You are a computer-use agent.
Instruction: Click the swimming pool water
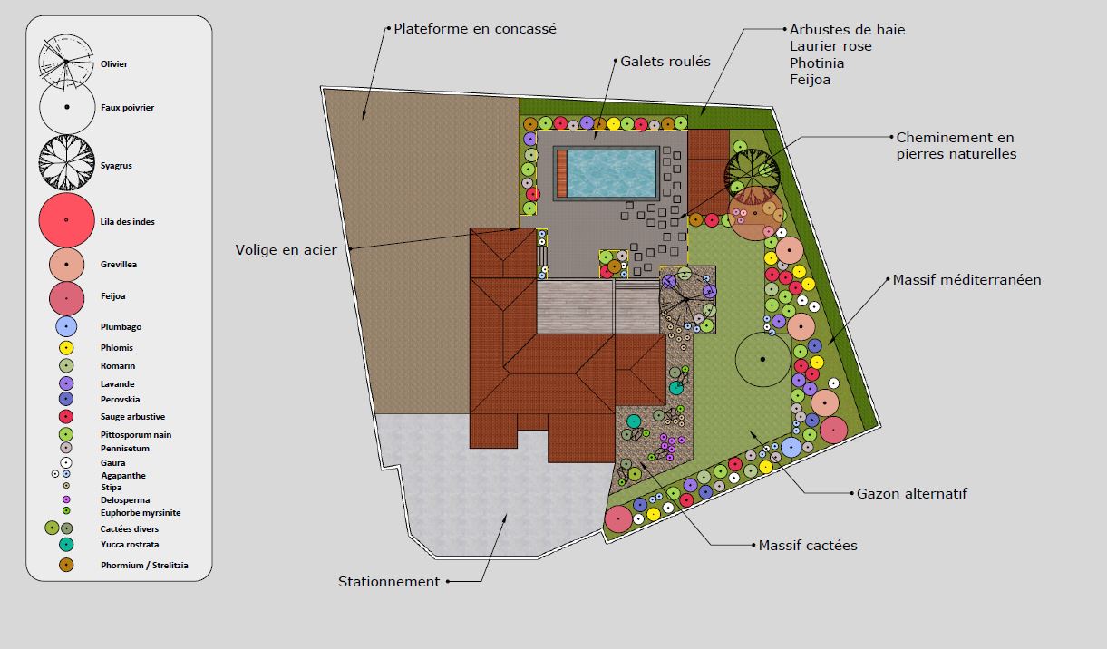[611, 173]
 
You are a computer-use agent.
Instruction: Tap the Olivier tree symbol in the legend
[65, 62]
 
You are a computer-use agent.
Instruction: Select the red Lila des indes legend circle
[66, 220]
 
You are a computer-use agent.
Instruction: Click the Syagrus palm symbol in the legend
[67, 162]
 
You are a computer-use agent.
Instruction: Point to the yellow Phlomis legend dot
[66, 348]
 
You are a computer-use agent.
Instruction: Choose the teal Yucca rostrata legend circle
[66, 544]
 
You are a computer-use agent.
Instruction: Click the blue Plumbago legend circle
[66, 326]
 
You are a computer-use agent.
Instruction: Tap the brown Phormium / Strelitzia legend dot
[66, 565]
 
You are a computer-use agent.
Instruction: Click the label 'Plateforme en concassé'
[475, 29]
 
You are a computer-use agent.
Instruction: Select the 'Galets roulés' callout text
[665, 62]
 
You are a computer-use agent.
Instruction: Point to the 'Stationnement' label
[389, 582]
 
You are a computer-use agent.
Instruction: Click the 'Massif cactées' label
[808, 546]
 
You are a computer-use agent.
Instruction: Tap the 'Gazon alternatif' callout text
[912, 494]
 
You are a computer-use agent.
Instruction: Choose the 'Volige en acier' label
[286, 250]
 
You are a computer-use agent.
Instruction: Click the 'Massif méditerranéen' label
[966, 280]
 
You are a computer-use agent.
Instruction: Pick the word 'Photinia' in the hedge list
[817, 63]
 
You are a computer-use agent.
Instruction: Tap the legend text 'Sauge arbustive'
[132, 417]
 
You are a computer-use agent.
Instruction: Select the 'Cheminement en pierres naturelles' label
[956, 146]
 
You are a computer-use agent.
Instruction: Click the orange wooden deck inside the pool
[561, 173]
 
